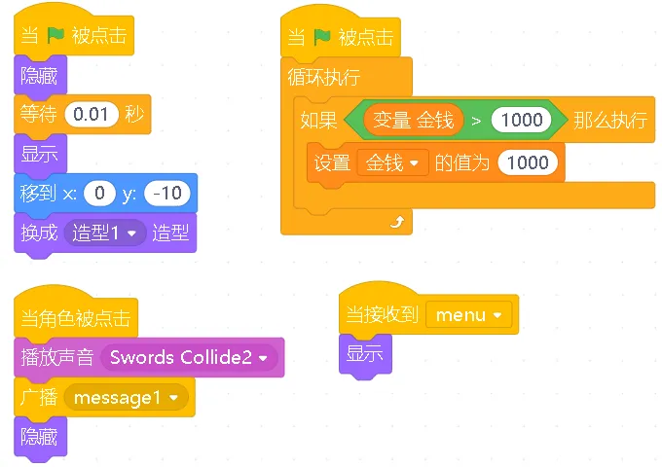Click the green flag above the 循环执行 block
click(323, 38)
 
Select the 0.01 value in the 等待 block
click(91, 115)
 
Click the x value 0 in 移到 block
click(99, 194)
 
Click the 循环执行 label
click(324, 77)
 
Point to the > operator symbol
click(476, 121)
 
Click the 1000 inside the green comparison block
click(523, 121)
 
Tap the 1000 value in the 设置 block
click(528, 162)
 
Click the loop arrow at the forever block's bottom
click(395, 223)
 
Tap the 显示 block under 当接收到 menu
click(365, 354)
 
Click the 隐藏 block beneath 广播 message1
click(40, 437)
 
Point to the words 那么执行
click(609, 121)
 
